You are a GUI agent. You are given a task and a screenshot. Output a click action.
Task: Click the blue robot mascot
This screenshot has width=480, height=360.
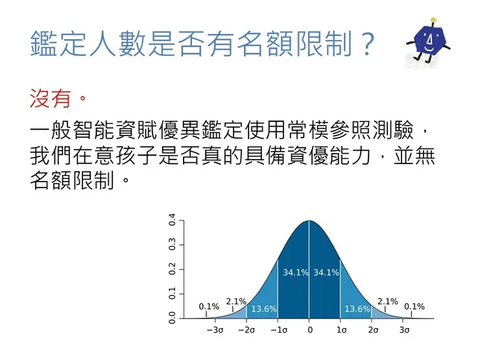coord(427,44)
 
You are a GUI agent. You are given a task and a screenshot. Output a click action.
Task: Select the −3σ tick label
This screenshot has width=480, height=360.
coord(215,330)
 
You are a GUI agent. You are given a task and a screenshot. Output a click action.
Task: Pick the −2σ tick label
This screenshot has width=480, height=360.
coord(246,330)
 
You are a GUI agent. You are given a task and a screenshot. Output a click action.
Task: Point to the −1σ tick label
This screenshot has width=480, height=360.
coord(278,330)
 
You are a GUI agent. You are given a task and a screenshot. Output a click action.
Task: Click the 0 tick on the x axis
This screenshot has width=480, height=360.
coord(309,330)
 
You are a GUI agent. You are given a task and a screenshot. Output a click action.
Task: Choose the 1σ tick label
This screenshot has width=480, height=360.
coord(341,330)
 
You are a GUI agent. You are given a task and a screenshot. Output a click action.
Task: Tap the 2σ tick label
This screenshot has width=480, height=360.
coord(372,330)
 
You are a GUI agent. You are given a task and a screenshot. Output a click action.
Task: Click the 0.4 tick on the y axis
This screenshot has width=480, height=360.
coord(173,221)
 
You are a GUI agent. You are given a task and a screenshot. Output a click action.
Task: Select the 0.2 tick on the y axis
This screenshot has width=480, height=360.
coord(173,269)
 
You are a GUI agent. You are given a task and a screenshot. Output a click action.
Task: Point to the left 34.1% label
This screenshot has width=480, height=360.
coord(295,272)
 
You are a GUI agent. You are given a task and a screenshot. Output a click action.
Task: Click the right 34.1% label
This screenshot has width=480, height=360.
coord(326,272)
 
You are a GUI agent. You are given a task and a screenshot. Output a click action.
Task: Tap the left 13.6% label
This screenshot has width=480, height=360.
coord(264,309)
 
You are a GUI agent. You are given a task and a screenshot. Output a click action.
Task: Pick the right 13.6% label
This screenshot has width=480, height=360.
coord(357,309)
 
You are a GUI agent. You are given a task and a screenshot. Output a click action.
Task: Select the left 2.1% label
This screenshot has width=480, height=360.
coord(236,301)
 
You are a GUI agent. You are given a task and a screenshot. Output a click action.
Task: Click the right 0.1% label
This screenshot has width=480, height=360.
coord(414,306)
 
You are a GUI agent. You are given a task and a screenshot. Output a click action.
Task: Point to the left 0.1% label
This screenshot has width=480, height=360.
coord(209,306)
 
